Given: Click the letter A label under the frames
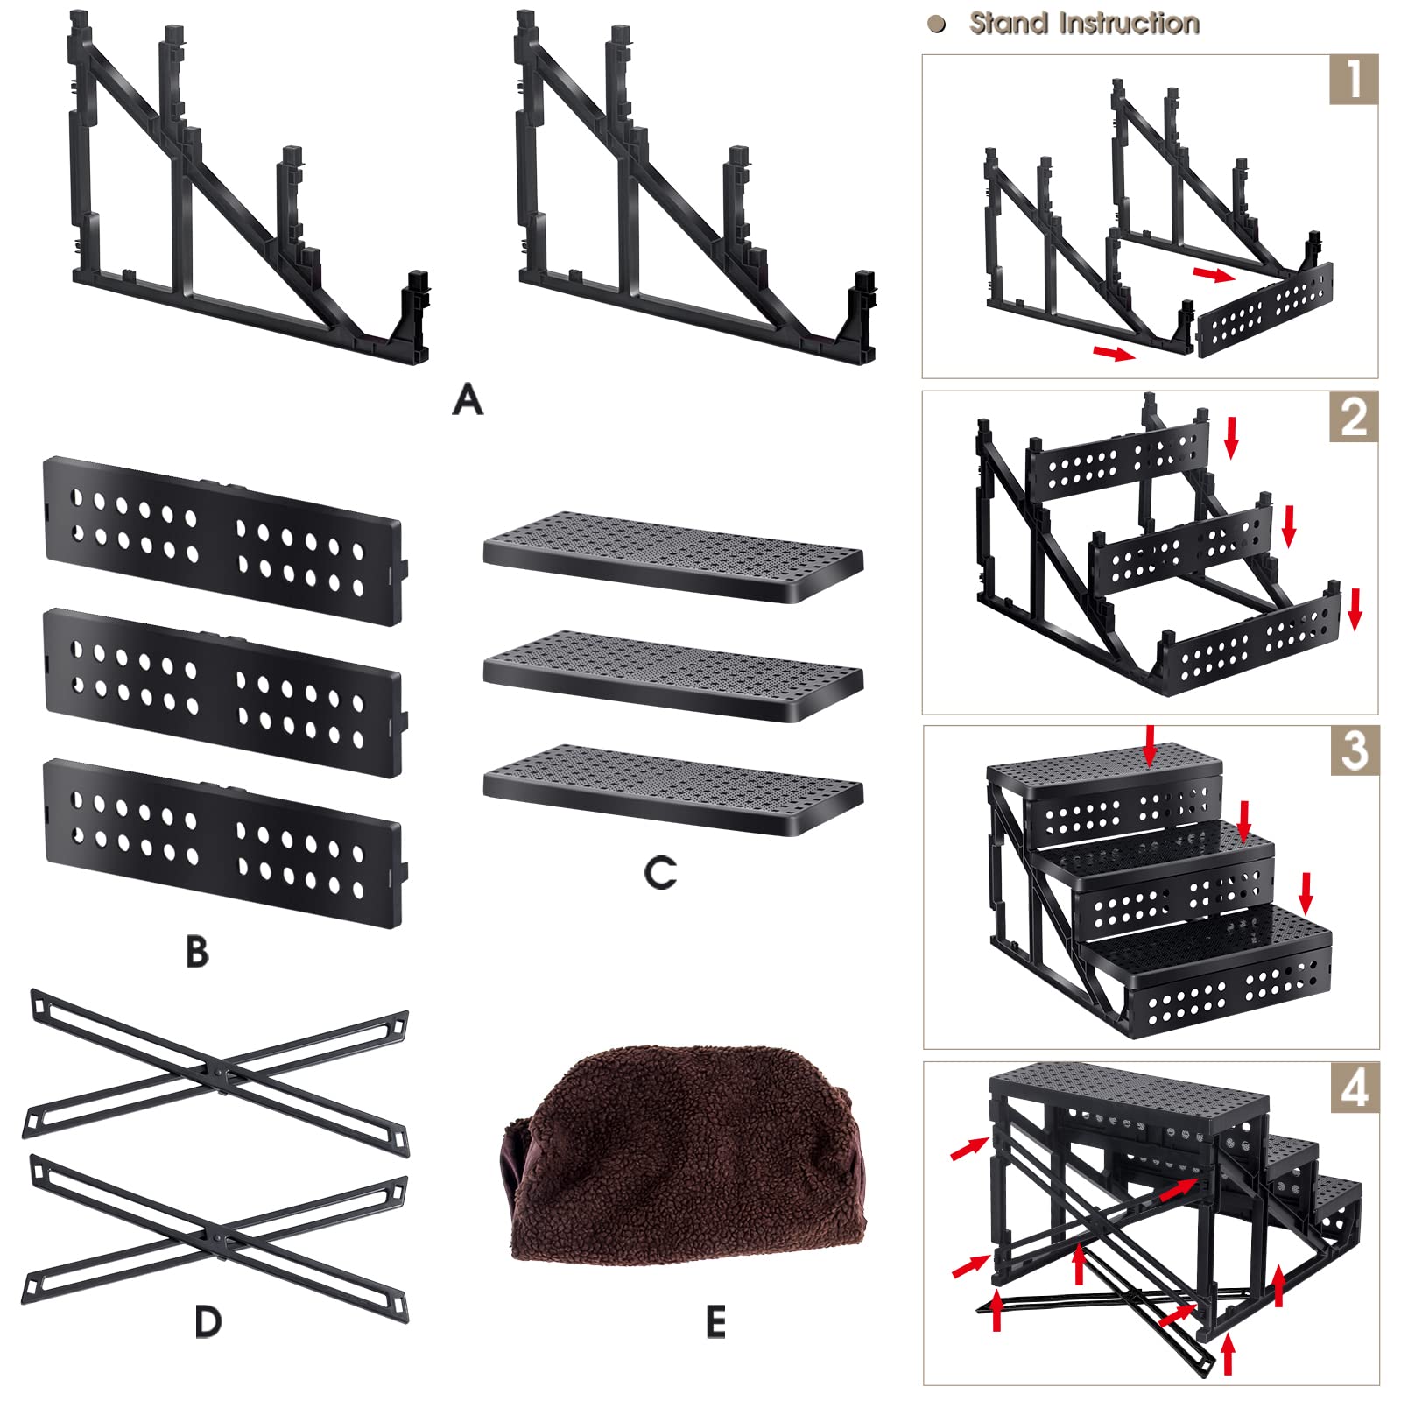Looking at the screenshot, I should pyautogui.click(x=468, y=400).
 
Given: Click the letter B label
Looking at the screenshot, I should pyautogui.click(x=198, y=952).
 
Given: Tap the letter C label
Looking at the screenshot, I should pyautogui.click(x=660, y=873).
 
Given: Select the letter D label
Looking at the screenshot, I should pyautogui.click(x=208, y=1321).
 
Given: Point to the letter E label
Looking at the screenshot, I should pyautogui.click(x=715, y=1322).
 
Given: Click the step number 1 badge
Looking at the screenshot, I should pyautogui.click(x=1354, y=80).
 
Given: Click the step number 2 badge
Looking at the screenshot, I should pyautogui.click(x=1354, y=417).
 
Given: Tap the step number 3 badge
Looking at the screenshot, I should pyautogui.click(x=1355, y=751).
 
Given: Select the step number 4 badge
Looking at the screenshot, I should pyautogui.click(x=1355, y=1088).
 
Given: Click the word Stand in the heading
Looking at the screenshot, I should pyautogui.click(x=1009, y=24).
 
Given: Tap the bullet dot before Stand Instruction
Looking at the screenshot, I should pyautogui.click(x=937, y=25).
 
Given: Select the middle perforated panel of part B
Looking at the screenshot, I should pyautogui.click(x=223, y=693).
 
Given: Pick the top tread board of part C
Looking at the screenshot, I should pyautogui.click(x=672, y=557).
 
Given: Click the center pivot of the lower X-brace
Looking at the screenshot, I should pyautogui.click(x=219, y=1239).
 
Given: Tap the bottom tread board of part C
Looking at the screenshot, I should pyautogui.click(x=672, y=788).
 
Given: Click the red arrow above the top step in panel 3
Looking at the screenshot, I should pyautogui.click(x=1150, y=744).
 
